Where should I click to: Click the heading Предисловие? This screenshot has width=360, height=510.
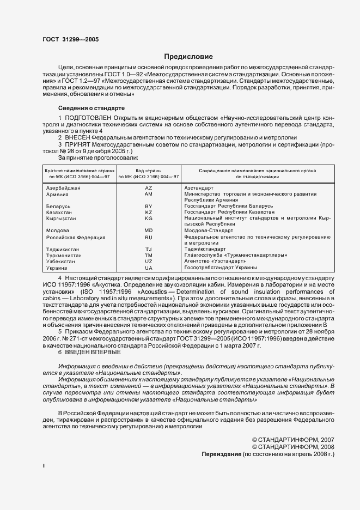pos(189,57)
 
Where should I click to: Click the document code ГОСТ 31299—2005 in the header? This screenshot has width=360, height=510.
pos(70,39)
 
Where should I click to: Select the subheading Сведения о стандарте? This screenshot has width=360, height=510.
pos(91,108)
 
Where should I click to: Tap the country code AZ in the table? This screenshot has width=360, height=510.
pos(148,187)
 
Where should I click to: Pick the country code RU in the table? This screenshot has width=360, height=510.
pos(148,238)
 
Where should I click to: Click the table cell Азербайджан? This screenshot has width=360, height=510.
pos(63,187)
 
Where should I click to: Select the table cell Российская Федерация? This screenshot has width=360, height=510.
pos(76,238)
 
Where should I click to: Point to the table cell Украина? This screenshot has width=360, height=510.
pos(57,268)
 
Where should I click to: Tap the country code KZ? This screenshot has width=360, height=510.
pos(148,212)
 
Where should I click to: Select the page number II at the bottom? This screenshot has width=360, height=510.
pos(45,466)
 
